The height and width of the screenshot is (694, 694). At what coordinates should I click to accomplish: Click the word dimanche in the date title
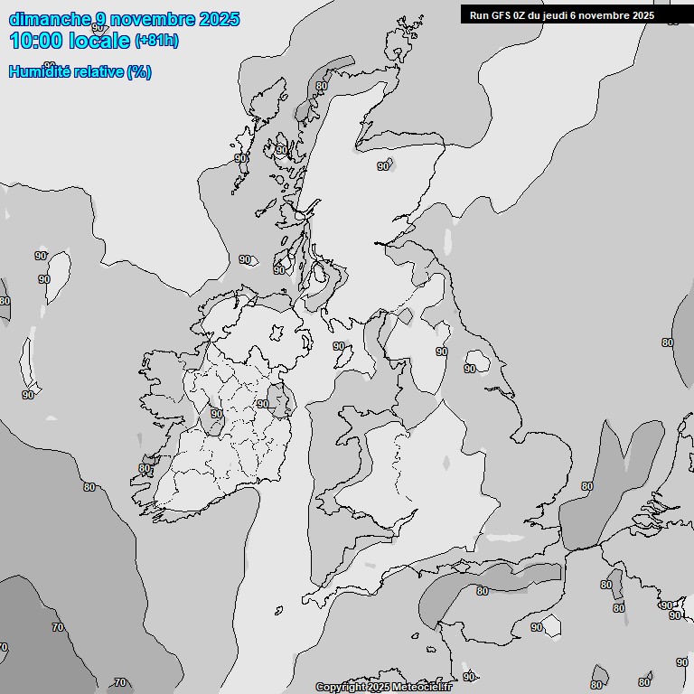pyautogui.click(x=50, y=19)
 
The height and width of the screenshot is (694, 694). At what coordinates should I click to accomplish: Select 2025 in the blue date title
pyautogui.click(x=220, y=19)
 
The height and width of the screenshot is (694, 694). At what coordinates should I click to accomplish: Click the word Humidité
pyautogui.click(x=39, y=72)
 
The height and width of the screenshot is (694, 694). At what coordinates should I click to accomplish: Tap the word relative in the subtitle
pyautogui.click(x=98, y=72)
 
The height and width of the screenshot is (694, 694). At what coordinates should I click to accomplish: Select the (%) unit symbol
pyautogui.click(x=139, y=72)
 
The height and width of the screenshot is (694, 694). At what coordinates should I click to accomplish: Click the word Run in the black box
pyautogui.click(x=480, y=15)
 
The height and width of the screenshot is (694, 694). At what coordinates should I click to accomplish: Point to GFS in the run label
pyautogui.click(x=502, y=15)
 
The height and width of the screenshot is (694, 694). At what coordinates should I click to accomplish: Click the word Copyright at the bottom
pyautogui.click(x=341, y=688)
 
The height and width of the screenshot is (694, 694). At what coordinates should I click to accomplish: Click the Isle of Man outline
pyautogui.click(x=344, y=356)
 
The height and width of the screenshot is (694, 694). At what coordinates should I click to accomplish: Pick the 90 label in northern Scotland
pyautogui.click(x=383, y=166)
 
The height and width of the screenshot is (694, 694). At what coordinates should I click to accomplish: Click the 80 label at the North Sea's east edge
pyautogui.click(x=668, y=342)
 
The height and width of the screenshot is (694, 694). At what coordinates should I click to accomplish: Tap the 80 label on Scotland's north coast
pyautogui.click(x=322, y=86)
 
